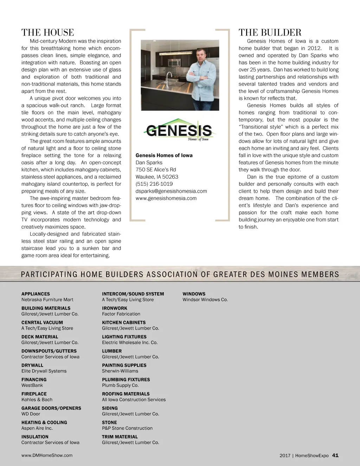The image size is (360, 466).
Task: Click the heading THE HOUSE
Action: click(47, 33)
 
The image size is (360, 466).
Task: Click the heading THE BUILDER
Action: click(270, 33)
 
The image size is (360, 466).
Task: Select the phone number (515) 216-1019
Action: click(154, 184)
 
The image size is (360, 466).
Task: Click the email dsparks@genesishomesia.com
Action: click(171, 191)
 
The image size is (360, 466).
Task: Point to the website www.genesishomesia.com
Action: click(166, 198)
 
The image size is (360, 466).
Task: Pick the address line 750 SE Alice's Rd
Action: click(156, 170)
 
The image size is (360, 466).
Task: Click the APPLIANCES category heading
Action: click(36, 294)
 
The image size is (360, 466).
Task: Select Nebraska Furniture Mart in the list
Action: click(47, 300)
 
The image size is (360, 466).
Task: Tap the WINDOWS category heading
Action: click(194, 294)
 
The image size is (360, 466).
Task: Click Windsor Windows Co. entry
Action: click(205, 300)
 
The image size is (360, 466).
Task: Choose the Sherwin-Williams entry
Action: click(120, 371)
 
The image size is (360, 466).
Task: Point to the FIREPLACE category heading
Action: click(34, 394)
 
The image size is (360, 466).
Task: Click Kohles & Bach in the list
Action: click(37, 400)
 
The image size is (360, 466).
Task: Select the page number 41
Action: click(335, 455)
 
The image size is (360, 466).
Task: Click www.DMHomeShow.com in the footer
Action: click(47, 455)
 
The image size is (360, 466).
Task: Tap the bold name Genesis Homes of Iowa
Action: click(164, 155)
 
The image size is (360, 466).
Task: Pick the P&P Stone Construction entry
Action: click(127, 428)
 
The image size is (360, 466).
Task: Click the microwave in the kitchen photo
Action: click(174, 63)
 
